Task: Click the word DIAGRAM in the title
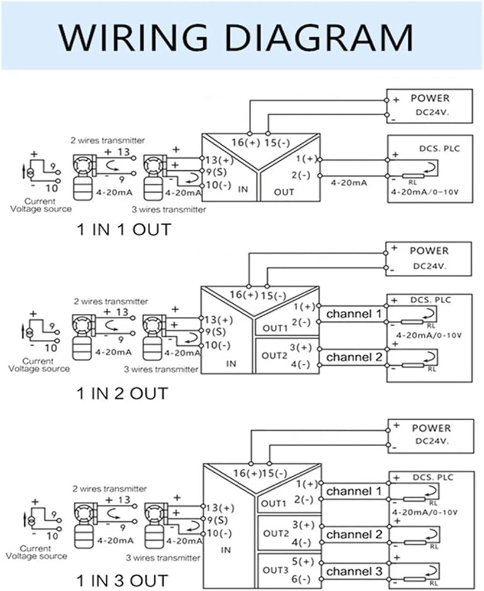click(x=320, y=37)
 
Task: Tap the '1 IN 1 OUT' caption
click(x=124, y=229)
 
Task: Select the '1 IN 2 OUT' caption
click(x=122, y=394)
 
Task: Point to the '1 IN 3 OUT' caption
click(x=122, y=580)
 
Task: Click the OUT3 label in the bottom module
click(x=275, y=570)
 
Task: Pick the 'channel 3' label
click(x=354, y=571)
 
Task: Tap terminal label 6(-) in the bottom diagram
click(x=301, y=579)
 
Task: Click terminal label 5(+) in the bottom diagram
click(x=303, y=561)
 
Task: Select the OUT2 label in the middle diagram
click(x=274, y=355)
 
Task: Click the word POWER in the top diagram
click(x=430, y=98)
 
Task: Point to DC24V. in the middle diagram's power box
click(x=430, y=266)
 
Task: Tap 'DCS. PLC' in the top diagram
click(x=440, y=148)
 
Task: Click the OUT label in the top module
click(x=284, y=192)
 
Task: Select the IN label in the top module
click(x=243, y=189)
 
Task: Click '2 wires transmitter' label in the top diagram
click(x=108, y=141)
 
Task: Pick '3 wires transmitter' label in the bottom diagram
click(x=163, y=558)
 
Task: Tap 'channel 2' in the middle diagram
click(x=354, y=357)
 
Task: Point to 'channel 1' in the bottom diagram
click(x=354, y=492)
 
